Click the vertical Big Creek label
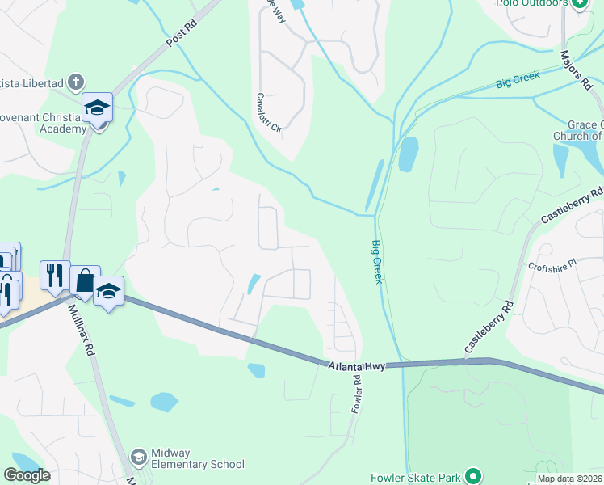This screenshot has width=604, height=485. point(377,261)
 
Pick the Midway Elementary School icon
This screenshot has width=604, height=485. point(138,458)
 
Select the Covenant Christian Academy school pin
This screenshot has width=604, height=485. point(97,108)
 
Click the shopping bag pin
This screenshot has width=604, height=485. point(85,280)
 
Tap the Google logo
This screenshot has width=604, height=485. point(27,475)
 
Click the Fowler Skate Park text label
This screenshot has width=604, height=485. point(417,478)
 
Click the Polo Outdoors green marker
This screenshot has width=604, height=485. point(579,4)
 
